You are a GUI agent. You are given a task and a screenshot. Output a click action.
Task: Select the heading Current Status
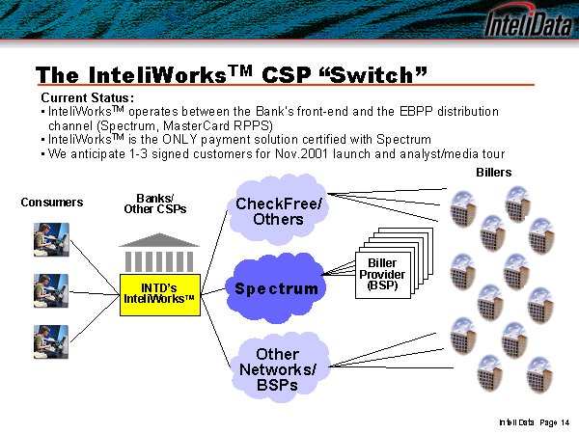point(87,98)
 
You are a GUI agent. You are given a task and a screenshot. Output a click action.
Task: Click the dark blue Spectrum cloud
point(276,288)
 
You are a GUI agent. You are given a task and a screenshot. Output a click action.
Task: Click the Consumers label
point(52,203)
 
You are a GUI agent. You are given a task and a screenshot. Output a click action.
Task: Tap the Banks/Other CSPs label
point(155,203)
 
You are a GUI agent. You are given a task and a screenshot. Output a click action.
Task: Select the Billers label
point(494,173)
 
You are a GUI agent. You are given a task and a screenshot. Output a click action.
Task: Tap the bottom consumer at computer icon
point(50,341)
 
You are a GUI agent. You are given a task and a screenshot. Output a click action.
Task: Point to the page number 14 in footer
point(564,422)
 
